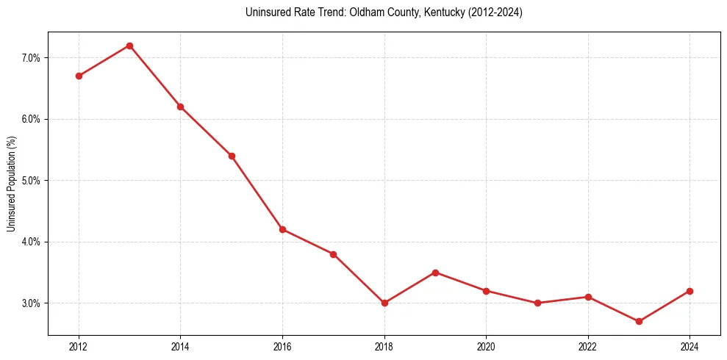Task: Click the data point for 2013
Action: point(129,46)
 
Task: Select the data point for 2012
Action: point(79,76)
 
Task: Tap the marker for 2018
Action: point(384,303)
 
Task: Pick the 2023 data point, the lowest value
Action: point(639,321)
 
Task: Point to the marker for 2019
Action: point(435,273)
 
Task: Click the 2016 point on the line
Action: point(282,229)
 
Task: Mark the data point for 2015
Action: point(232,156)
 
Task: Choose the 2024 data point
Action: point(690,291)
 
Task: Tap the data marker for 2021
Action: point(537,303)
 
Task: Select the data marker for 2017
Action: point(333,254)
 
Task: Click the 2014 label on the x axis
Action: point(180,346)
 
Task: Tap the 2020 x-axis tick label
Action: point(486,346)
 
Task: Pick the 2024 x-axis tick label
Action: point(690,346)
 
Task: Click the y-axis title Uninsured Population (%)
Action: point(11,183)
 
